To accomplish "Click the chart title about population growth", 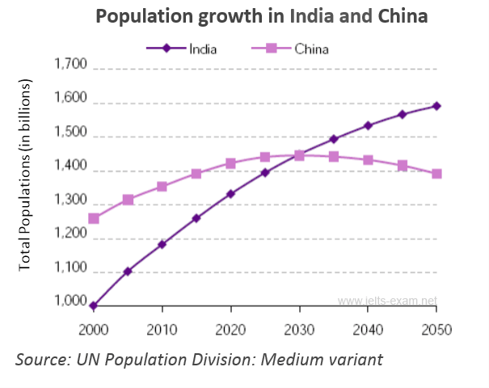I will pyautogui.click(x=260, y=16).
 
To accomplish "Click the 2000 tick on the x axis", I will pyautogui.click(x=95, y=329).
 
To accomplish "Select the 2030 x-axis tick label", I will pyautogui.click(x=300, y=329).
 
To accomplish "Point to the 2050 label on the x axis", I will pyautogui.click(x=436, y=329).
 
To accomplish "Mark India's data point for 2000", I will pyautogui.click(x=94, y=306).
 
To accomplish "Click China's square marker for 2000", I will pyautogui.click(x=94, y=218).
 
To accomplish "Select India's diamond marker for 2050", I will pyautogui.click(x=436, y=106).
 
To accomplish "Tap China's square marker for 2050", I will pyautogui.click(x=436, y=174).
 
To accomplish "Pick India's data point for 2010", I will pyautogui.click(x=162, y=243).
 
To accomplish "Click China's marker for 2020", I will pyautogui.click(x=231, y=163).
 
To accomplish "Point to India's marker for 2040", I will pyautogui.click(x=368, y=125).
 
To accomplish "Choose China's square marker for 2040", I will pyautogui.click(x=368, y=160).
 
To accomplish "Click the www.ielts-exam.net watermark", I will pyautogui.click(x=387, y=301).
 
